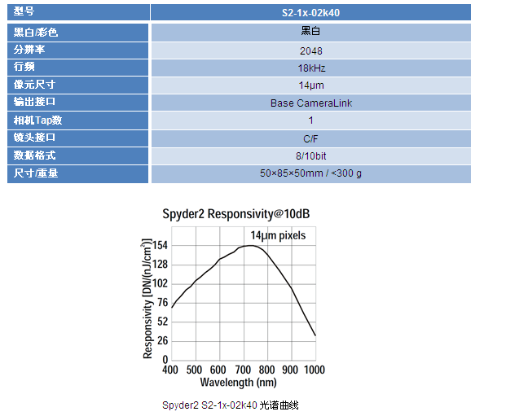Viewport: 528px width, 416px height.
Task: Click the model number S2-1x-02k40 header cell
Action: click(x=310, y=12)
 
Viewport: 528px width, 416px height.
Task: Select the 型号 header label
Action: click(x=25, y=12)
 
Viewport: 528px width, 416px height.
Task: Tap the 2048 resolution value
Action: click(x=310, y=50)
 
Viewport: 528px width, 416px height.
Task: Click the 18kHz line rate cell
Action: click(x=310, y=68)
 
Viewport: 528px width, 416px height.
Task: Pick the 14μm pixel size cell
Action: click(x=310, y=85)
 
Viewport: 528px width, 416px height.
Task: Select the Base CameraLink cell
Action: click(x=310, y=103)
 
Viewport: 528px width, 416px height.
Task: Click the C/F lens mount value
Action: click(x=310, y=138)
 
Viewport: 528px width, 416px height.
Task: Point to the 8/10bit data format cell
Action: click(x=310, y=155)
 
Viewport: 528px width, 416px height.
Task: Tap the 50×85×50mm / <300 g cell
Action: click(x=310, y=173)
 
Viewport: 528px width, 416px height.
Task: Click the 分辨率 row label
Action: click(x=30, y=50)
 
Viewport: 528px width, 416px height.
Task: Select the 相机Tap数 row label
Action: click(x=38, y=120)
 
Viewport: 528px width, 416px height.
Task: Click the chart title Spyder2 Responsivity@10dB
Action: click(x=236, y=214)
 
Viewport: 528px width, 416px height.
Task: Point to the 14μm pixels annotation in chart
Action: click(x=278, y=235)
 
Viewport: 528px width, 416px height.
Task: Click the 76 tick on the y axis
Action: click(x=162, y=302)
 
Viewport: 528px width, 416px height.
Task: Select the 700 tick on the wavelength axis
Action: click(x=242, y=370)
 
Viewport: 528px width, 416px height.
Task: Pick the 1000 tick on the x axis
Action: click(x=314, y=370)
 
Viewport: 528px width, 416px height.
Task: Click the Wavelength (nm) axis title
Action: click(x=238, y=382)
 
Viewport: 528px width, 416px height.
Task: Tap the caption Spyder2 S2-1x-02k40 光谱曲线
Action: click(x=231, y=405)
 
